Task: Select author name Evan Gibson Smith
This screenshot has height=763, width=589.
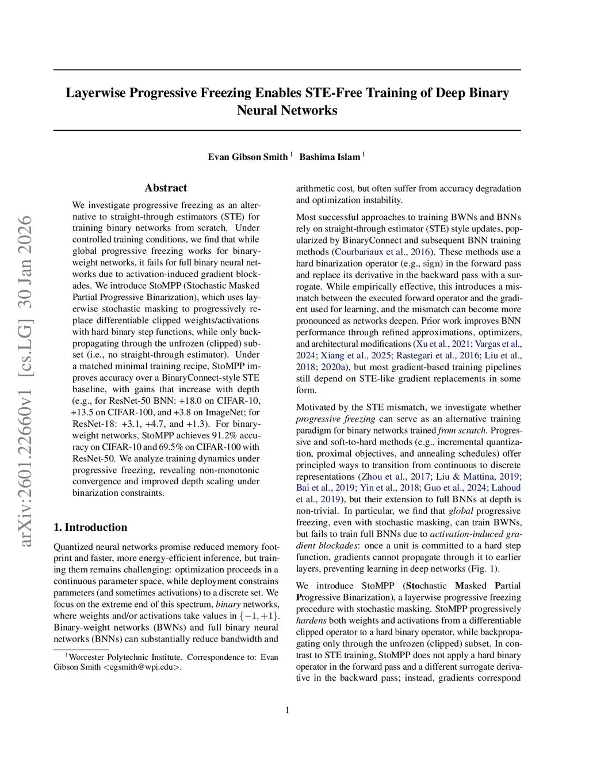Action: point(247,157)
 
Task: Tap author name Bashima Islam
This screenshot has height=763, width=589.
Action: point(330,157)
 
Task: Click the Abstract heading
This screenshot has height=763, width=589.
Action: point(166,188)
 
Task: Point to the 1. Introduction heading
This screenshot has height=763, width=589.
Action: point(90,527)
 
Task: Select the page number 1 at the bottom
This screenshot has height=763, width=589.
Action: point(287,710)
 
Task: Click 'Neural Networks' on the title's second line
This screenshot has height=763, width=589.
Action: point(287,110)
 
